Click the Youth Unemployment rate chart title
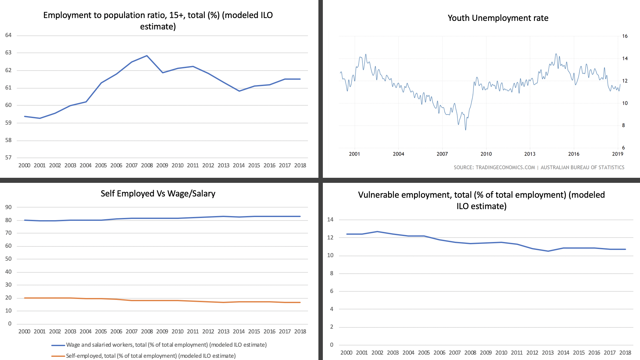pyautogui.click(x=498, y=18)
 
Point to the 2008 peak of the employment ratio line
pyautogui.click(x=147, y=56)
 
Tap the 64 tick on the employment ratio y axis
pyautogui.click(x=9, y=35)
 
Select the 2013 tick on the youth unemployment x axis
pyautogui.click(x=530, y=154)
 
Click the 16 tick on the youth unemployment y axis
pyautogui.click(x=625, y=36)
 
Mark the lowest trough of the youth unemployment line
pyautogui.click(x=466, y=129)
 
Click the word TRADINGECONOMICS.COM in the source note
pyautogui.click(x=505, y=167)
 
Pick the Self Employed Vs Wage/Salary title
pyautogui.click(x=158, y=194)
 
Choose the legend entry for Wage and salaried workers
pyautogui.click(x=166, y=345)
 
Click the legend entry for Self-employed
pyautogui.click(x=151, y=356)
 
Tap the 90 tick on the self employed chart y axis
pyautogui.click(x=9, y=207)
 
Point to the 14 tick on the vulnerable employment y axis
pyautogui.click(x=330, y=220)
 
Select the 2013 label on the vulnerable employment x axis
pyautogui.click(x=548, y=353)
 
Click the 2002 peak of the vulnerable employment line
pyautogui.click(x=377, y=232)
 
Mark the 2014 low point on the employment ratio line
pyautogui.click(x=239, y=91)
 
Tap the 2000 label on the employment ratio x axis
pyautogui.click(x=24, y=165)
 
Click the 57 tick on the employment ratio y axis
pyautogui.click(x=9, y=158)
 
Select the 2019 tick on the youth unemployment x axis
pyautogui.click(x=618, y=154)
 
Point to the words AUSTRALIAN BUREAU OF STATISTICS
pyautogui.click(x=582, y=167)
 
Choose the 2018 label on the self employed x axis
pyautogui.click(x=300, y=332)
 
